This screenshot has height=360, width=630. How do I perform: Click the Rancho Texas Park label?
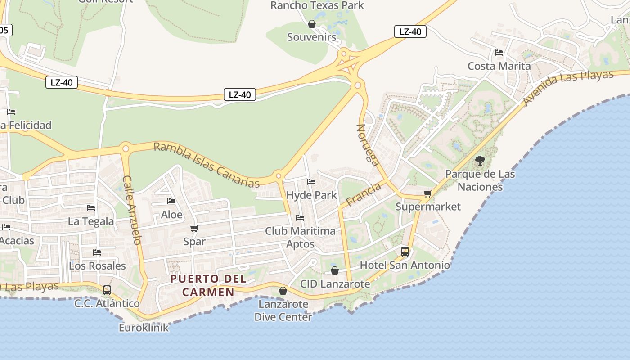317,5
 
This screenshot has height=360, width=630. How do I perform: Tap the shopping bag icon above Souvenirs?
311,24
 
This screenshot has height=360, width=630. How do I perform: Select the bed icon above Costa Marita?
499,53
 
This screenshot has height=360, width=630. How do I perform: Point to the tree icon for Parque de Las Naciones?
480,160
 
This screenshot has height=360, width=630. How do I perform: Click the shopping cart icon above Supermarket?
427,194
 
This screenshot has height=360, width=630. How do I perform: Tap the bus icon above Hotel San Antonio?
405,252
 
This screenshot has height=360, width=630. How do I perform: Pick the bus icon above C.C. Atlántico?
107,290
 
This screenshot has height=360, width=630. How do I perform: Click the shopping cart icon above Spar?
194,229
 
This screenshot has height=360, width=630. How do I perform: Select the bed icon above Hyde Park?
311,182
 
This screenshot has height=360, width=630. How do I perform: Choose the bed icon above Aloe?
171,201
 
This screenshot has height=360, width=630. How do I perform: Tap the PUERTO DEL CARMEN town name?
208,285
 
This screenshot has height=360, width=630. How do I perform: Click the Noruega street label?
368,145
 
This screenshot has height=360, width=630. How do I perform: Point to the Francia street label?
364,194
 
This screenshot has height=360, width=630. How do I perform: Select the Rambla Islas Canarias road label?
207,165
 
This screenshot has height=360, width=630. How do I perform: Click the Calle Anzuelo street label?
132,210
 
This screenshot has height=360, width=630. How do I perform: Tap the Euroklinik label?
144,327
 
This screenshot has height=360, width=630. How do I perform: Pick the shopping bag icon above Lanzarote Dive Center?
283,291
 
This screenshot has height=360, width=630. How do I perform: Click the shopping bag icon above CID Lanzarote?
335,270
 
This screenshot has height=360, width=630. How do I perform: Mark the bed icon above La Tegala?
91,208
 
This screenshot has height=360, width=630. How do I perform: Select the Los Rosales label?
97,265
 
